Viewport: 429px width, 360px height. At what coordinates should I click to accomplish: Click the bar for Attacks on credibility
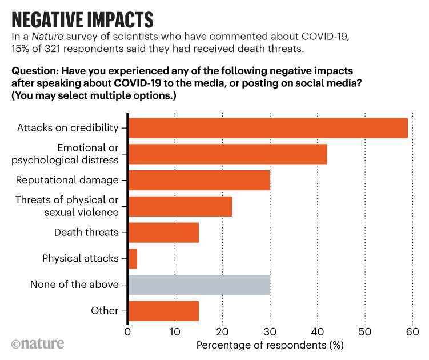[267, 128]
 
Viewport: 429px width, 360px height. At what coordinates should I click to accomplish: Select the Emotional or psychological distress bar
[227, 154]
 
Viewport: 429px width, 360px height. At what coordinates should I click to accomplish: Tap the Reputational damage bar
[199, 180]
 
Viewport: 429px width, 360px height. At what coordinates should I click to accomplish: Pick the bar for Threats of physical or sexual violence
[180, 206]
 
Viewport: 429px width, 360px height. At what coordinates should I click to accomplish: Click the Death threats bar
[163, 233]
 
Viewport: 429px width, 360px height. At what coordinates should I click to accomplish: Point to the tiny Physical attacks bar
[133, 258]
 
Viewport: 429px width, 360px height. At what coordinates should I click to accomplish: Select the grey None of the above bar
[199, 285]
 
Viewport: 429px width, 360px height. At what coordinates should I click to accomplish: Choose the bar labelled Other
[163, 311]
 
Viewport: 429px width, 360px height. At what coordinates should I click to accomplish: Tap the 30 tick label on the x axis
[270, 331]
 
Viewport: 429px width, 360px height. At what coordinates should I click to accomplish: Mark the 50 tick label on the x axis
[365, 331]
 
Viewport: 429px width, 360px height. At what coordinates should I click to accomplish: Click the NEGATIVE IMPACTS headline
[83, 18]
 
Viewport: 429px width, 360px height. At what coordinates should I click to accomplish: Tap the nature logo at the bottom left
[38, 343]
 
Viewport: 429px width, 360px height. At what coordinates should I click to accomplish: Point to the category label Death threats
[86, 233]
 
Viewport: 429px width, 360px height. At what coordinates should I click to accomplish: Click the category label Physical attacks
[81, 258]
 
